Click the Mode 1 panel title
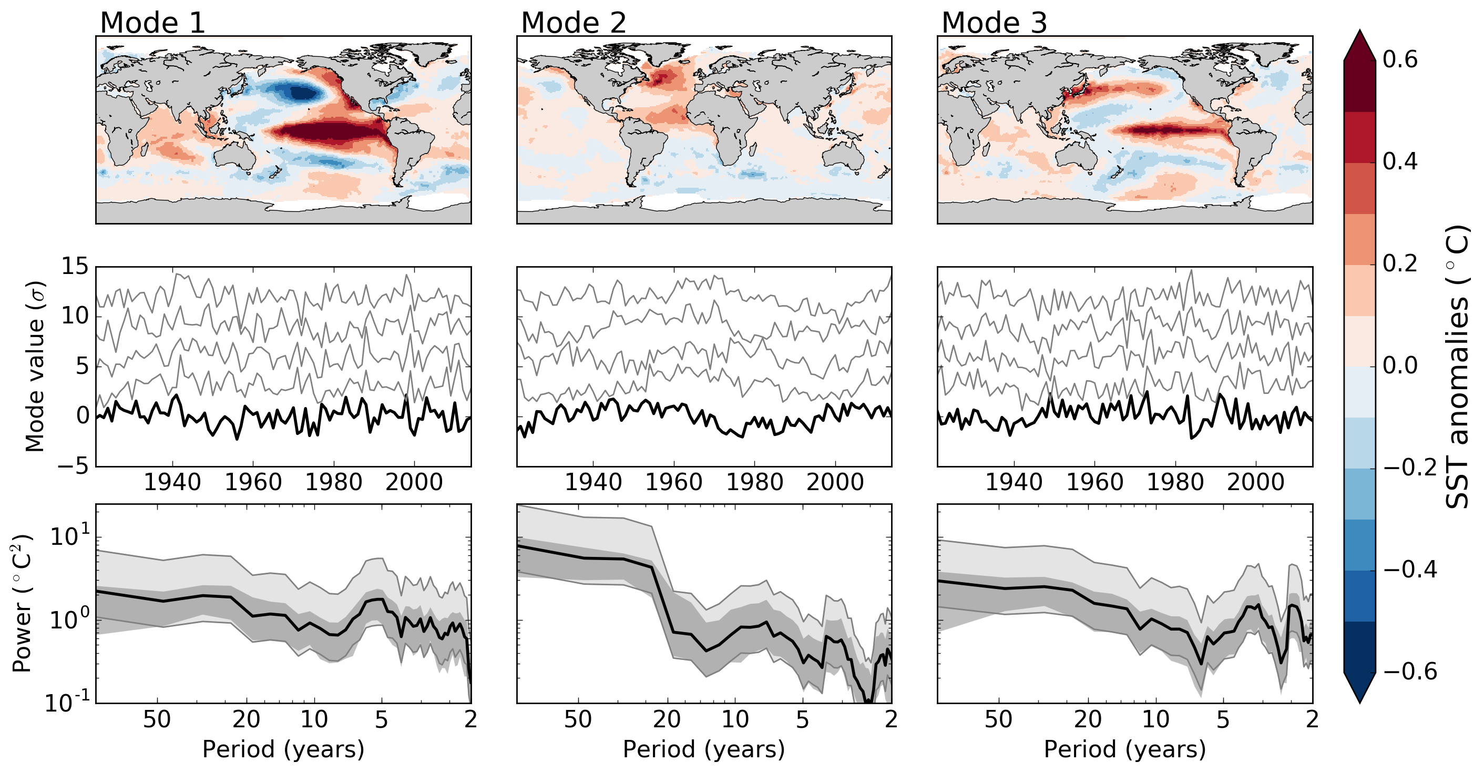[152, 23]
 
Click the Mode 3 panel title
[994, 23]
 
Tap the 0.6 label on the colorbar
[1400, 60]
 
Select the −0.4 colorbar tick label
[1410, 569]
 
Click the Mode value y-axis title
[35, 367]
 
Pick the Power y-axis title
[22, 604]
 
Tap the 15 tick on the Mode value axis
[75, 266]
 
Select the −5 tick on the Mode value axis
[74, 465]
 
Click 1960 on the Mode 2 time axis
[673, 482]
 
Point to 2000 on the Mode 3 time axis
[1255, 482]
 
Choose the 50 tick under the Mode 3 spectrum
[998, 719]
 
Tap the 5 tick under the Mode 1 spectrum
[381, 719]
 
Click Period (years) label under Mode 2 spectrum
[703, 749]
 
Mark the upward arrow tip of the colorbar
[1360, 32]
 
